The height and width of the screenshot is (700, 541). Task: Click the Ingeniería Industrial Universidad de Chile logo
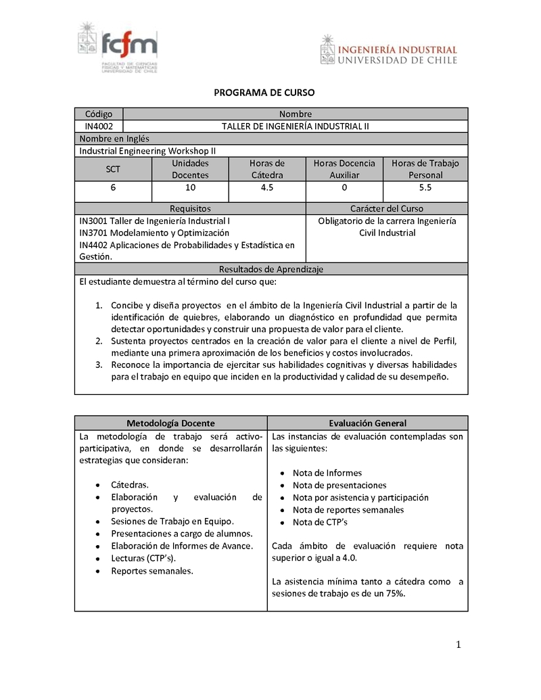click(x=388, y=51)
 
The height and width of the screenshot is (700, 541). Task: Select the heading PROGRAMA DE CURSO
click(x=264, y=93)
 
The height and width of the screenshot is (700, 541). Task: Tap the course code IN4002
click(x=99, y=126)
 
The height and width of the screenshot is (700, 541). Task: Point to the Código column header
click(x=99, y=114)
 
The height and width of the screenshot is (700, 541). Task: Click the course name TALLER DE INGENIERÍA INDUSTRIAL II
click(x=296, y=126)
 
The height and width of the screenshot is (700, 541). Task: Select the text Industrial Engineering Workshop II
click(x=147, y=151)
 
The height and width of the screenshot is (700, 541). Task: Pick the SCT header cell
click(x=113, y=169)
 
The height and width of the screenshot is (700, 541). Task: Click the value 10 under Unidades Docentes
click(x=190, y=187)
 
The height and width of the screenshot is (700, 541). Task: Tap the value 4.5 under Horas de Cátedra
click(x=267, y=187)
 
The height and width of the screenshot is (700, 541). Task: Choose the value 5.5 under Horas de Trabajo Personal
click(x=425, y=187)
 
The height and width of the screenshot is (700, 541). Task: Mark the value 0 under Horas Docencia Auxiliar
click(x=344, y=187)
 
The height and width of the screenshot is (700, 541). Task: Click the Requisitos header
click(x=190, y=209)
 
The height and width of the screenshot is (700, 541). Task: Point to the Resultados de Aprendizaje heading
click(x=270, y=269)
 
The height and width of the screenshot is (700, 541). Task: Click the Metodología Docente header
click(x=170, y=423)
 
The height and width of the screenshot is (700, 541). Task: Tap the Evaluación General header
click(x=367, y=423)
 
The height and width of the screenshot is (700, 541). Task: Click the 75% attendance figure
click(x=394, y=594)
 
